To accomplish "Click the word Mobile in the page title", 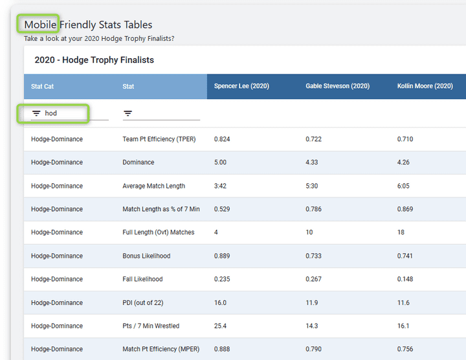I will pos(40,25).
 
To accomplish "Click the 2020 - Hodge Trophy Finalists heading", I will pos(94,60).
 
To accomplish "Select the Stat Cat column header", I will pos(43,86).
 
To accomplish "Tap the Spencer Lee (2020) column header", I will pos(241,86).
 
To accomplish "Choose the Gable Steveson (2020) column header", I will pos(337,86).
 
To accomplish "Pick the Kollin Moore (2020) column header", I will pos(425,86).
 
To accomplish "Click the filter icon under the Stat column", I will pos(128,113).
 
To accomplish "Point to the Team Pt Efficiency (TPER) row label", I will pos(159,139).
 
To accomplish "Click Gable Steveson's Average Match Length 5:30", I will pos(313,186).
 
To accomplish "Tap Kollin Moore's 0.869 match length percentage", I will pos(405,209).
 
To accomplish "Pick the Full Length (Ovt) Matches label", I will pos(158,232).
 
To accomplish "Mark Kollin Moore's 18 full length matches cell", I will pos(401,232).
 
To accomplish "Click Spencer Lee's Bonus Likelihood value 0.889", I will pos(223,256).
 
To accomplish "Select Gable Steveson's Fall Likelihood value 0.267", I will pos(314,279).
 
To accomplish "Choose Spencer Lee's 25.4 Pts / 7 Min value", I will pos(220,326).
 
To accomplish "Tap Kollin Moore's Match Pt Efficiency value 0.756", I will pos(405,349).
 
